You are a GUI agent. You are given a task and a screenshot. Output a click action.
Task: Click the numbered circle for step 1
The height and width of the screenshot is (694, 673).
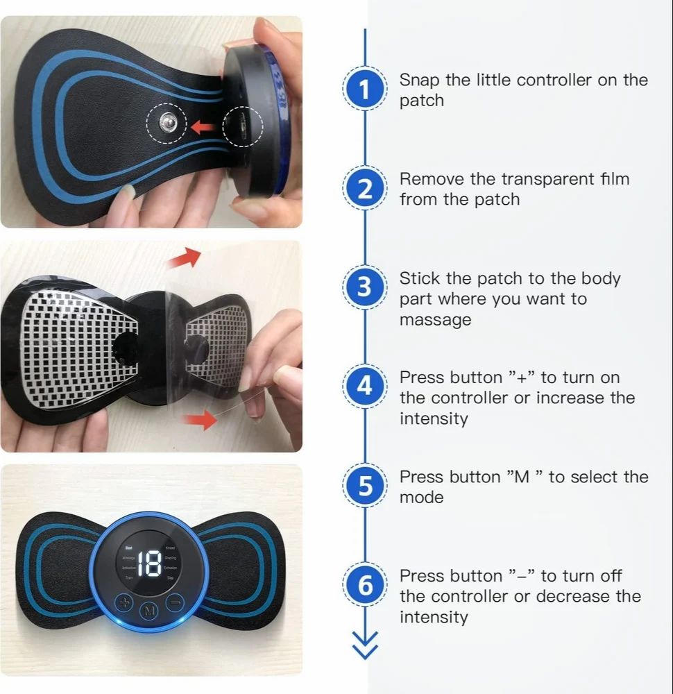[x=365, y=90]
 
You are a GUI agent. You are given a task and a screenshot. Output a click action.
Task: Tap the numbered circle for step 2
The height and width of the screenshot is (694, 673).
[x=365, y=189]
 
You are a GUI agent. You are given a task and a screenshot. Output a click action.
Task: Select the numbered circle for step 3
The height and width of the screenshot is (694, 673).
[x=365, y=287]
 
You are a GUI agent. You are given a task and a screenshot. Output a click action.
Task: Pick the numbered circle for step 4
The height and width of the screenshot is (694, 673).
[x=365, y=386]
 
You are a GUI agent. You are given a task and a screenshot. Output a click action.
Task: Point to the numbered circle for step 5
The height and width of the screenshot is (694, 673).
[x=365, y=486]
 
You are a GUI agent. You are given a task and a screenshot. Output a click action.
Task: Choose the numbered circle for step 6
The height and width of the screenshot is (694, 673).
[x=365, y=586]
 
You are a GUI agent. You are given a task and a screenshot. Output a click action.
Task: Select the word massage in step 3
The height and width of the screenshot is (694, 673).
[x=435, y=320]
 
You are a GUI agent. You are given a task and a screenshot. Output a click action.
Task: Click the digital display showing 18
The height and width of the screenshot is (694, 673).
[x=149, y=565]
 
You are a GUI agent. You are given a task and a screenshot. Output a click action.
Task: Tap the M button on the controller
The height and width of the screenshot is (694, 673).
[x=148, y=611]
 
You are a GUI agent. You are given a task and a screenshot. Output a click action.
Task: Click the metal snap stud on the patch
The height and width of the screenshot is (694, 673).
[x=167, y=126]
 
